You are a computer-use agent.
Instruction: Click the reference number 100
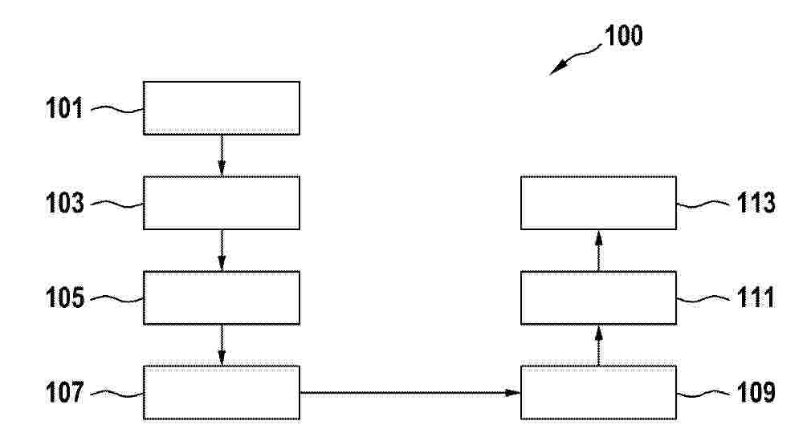point(623,35)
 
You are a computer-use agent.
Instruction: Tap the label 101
point(64,108)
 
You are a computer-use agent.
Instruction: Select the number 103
point(65,203)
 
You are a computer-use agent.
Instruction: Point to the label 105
point(65,297)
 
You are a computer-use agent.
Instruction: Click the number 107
point(65,393)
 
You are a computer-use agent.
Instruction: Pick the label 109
point(756,393)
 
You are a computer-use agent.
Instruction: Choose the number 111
point(756,297)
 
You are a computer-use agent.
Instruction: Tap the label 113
point(756,203)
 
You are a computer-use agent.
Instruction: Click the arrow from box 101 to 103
point(222,156)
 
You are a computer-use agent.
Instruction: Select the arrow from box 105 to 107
point(222,346)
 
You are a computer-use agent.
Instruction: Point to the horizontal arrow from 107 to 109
point(410,393)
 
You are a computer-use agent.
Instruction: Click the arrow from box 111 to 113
point(599,250)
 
